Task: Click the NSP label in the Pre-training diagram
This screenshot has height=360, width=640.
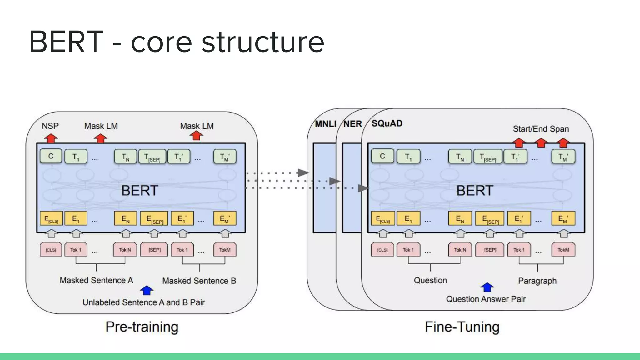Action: coord(50,126)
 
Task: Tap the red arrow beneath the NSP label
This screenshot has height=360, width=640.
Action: coord(51,138)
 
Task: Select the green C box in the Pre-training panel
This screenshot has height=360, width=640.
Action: coord(51,156)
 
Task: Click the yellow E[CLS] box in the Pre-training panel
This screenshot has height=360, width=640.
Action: coord(51,218)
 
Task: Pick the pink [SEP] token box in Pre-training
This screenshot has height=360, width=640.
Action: coord(154,250)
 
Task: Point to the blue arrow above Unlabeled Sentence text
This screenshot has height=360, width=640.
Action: coord(147,291)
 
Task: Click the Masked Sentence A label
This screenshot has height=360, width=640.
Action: coord(96,280)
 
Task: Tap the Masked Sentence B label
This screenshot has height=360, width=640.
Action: coord(199,281)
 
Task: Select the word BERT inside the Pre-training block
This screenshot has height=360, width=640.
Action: coord(140,191)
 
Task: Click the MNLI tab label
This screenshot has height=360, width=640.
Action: coord(325,124)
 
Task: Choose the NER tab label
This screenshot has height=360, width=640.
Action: coord(352,124)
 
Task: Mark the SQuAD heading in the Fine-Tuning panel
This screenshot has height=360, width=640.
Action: coord(387,123)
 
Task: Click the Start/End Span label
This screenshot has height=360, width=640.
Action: coord(541,129)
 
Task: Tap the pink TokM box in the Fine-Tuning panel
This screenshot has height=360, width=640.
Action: coord(563,250)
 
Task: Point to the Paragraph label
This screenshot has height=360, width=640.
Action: coord(537,281)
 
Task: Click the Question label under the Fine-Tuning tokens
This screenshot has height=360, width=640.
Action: coord(430,280)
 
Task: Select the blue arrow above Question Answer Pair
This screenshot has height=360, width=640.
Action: coord(487,287)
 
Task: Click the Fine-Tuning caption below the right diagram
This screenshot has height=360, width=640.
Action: coord(462,327)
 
